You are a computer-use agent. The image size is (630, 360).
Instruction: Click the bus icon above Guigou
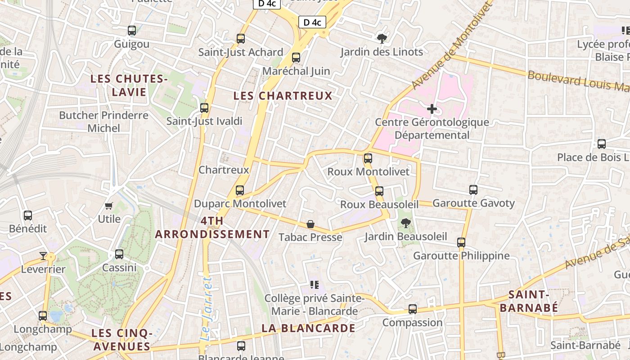[132, 31]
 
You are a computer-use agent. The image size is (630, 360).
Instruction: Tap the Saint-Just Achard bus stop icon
[241, 39]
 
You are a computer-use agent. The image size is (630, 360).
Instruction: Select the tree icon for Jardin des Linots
[382, 38]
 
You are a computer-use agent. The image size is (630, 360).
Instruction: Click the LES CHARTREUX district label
[283, 96]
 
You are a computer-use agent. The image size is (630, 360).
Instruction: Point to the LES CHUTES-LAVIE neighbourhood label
[129, 85]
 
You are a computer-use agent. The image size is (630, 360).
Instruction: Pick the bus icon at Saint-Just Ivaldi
[204, 108]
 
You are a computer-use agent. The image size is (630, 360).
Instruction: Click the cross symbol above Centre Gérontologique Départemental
[432, 109]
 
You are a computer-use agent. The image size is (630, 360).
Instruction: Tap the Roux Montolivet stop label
[369, 171]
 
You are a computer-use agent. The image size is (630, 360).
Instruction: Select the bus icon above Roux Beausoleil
[379, 191]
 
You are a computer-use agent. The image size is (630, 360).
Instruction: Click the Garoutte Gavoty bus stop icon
[473, 190]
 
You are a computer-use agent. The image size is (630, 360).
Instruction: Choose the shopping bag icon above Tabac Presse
[310, 224]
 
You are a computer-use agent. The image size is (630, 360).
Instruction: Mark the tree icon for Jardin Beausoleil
[405, 223]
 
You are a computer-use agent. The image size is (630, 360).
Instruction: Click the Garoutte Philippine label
[461, 256]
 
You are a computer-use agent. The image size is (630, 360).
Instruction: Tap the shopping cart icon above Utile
[108, 206]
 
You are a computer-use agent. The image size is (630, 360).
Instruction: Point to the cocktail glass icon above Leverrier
[43, 256]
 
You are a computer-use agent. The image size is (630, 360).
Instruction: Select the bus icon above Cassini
[119, 254]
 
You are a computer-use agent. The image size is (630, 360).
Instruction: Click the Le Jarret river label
[206, 308]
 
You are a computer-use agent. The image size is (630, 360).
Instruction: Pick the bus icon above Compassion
[413, 309]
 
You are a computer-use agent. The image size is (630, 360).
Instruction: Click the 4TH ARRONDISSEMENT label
[212, 228]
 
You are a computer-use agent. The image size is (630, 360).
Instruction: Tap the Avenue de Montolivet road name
[450, 45]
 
